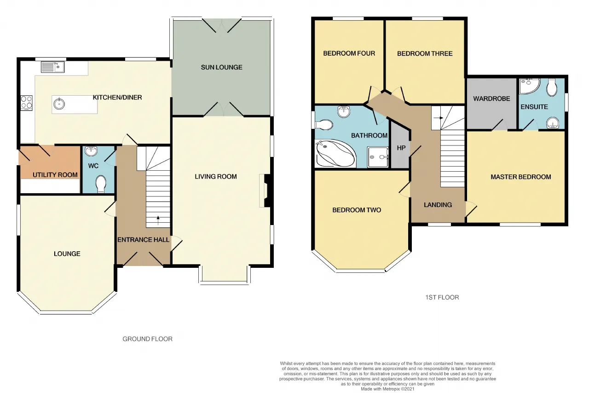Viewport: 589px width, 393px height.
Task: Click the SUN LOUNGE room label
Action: (222, 67)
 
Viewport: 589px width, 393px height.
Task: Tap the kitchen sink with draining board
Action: (52, 67)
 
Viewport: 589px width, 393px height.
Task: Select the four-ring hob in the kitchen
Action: (27, 103)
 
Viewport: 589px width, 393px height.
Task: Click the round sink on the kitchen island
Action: (59, 104)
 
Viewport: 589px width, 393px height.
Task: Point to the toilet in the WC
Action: (101, 184)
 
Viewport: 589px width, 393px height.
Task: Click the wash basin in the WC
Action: (91, 151)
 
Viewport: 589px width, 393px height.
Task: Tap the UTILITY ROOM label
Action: (55, 175)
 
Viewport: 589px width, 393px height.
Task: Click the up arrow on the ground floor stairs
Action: (158, 220)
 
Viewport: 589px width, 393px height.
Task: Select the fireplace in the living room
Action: (265, 191)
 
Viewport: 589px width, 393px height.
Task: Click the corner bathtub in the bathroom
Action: (335, 154)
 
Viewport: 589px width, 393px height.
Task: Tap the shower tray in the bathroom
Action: (378, 157)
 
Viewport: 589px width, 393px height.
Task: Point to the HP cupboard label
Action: (401, 148)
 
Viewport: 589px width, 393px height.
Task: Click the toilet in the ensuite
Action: (551, 87)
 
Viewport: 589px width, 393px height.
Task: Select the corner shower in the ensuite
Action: (529, 86)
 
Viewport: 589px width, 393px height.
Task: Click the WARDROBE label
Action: (491, 98)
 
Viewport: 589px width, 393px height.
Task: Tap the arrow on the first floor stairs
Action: (439, 118)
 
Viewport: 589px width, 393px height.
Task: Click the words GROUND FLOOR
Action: (148, 339)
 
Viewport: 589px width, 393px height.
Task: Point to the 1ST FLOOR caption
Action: (442, 297)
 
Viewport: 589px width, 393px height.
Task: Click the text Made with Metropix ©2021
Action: (387, 389)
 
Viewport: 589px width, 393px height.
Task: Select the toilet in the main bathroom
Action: (323, 125)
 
